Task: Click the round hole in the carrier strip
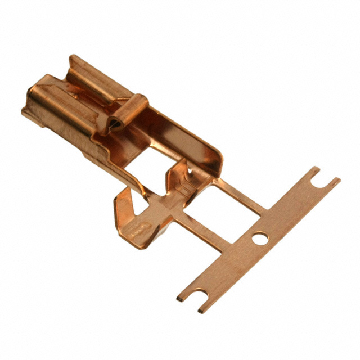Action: pyautogui.click(x=260, y=238)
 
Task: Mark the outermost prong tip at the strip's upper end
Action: pyautogui.click(x=336, y=181)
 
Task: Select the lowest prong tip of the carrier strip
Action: pyautogui.click(x=201, y=310)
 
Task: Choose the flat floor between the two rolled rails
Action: pyautogui.click(x=84, y=104)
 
